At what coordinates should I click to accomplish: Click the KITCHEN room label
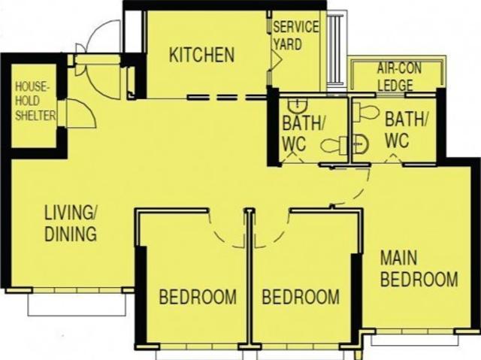[x=201, y=55]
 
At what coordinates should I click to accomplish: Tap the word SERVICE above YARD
[x=295, y=27]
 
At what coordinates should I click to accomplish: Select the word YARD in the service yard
[x=287, y=44]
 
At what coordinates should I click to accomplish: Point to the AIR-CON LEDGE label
[x=398, y=77]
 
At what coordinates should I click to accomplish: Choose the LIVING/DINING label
[x=70, y=222]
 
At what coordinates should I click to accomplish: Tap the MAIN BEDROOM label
[x=418, y=268]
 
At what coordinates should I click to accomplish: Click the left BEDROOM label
[x=197, y=297]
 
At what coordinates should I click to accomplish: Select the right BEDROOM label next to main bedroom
[x=300, y=297]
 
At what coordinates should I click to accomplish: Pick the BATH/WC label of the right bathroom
[x=405, y=129]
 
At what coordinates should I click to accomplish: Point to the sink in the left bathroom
[x=299, y=105]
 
